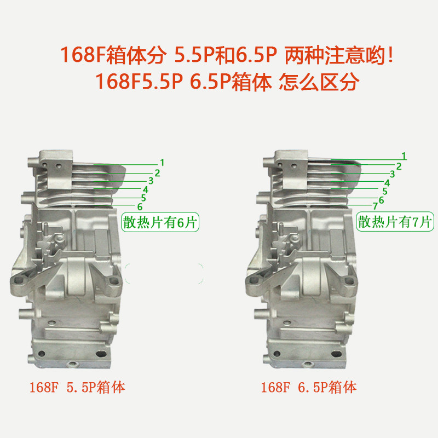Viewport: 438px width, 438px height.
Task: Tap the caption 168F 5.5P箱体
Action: pyautogui.click(x=77, y=388)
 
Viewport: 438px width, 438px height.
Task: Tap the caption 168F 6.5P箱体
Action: pyautogui.click(x=309, y=388)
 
